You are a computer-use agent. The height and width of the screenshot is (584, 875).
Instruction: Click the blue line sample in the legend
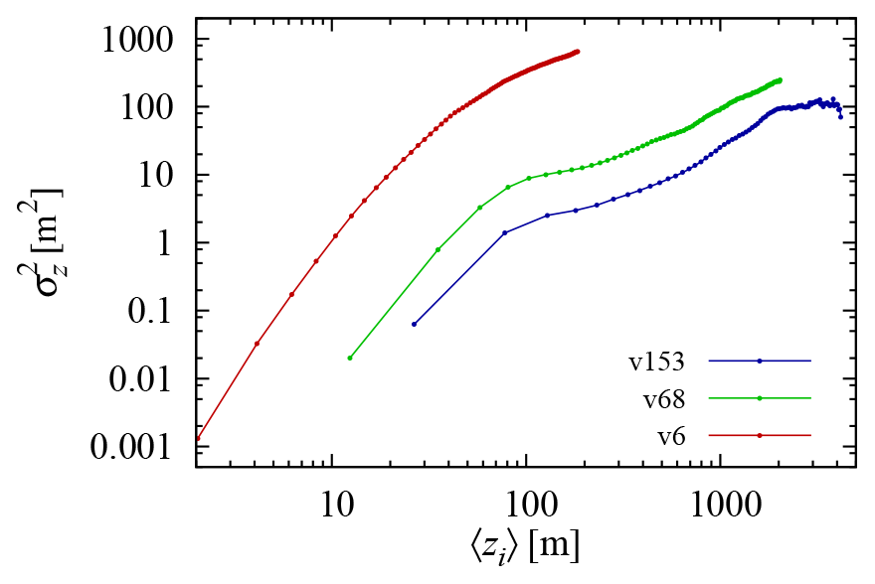coord(761,362)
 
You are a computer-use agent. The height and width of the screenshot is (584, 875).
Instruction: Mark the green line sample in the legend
coord(761,398)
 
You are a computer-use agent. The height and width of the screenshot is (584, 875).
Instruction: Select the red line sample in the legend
coord(761,435)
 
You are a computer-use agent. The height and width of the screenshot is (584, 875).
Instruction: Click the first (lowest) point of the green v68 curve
coord(350,358)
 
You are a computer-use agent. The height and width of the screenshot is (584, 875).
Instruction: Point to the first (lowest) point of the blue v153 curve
coord(415,324)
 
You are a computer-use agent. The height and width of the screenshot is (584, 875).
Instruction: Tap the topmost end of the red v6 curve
coord(578,51)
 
